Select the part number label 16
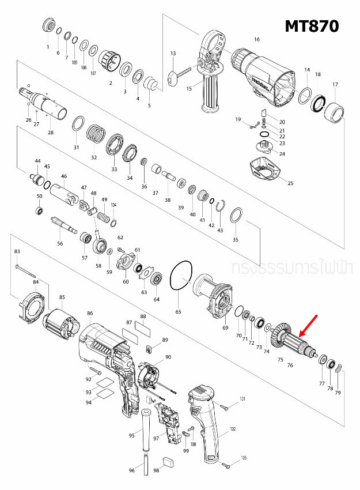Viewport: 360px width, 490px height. click(x=257, y=39)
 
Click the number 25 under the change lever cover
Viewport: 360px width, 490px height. click(x=290, y=183)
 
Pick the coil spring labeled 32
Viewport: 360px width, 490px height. click(x=97, y=137)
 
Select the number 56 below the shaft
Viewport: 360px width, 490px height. click(x=60, y=244)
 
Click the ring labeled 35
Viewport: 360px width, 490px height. click(x=235, y=217)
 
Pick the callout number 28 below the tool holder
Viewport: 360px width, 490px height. click(x=51, y=133)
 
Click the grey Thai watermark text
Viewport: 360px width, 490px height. click(x=294, y=269)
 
